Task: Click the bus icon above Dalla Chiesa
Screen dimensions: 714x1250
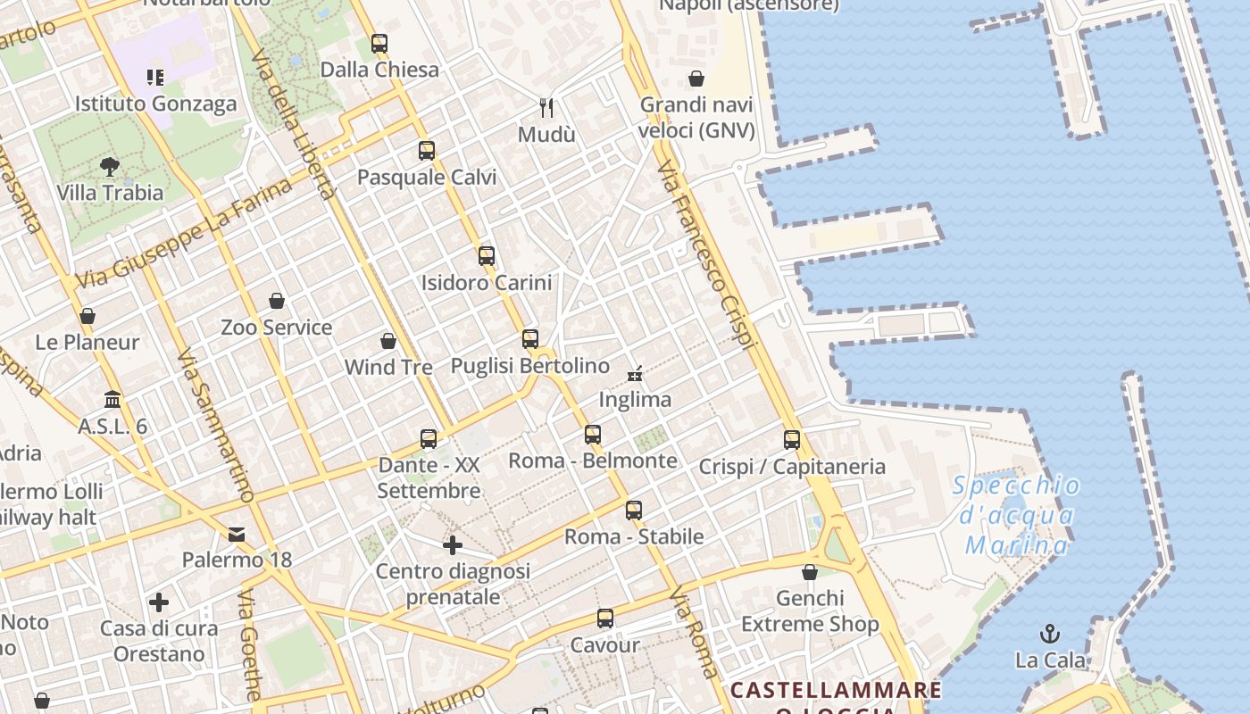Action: coord(379,43)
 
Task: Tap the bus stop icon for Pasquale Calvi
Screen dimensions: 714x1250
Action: coord(427,150)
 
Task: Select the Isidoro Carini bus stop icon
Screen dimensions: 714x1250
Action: coord(487,256)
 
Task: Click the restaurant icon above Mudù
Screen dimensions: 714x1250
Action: coord(547,108)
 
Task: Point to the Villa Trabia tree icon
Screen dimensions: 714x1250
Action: coord(110,166)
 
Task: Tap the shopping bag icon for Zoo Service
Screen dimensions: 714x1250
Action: coord(277,301)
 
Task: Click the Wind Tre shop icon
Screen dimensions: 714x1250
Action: coord(388,341)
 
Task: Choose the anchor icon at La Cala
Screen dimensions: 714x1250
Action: coord(1050,635)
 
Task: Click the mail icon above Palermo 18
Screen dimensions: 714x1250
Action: coord(237,534)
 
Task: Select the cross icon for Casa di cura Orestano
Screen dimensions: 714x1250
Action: coord(159,602)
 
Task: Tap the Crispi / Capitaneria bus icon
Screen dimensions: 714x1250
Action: coord(792,440)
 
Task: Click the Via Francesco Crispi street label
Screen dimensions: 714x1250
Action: coord(706,255)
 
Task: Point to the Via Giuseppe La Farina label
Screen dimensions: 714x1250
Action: coord(183,235)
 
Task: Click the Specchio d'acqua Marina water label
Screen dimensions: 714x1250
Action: coord(1016,516)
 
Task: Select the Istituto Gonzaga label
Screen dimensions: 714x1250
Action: coord(155,104)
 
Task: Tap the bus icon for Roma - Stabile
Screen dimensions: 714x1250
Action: coord(634,511)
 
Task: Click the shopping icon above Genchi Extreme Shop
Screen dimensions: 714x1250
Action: coord(810,572)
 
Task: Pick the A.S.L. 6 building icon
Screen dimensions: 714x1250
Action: coord(112,399)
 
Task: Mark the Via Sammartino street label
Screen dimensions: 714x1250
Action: coord(215,425)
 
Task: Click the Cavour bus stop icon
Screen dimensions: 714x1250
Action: coord(605,619)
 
